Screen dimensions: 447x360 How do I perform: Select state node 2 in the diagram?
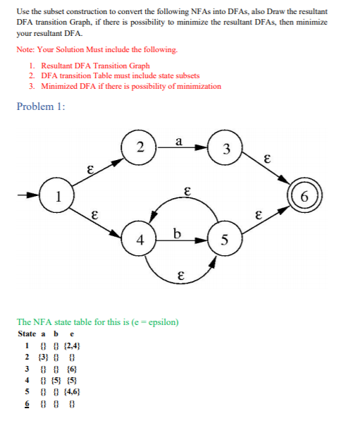click(139, 147)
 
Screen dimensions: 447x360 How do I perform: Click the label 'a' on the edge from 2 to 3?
click(180, 141)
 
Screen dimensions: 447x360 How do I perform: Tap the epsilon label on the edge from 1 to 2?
click(89, 169)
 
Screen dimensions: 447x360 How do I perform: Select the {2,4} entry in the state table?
click(73, 346)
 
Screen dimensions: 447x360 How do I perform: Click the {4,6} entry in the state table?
click(73, 392)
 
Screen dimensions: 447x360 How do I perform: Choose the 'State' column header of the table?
click(27, 333)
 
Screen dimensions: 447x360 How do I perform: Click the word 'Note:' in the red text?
click(25, 50)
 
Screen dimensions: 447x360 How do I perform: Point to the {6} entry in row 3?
click(72, 369)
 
